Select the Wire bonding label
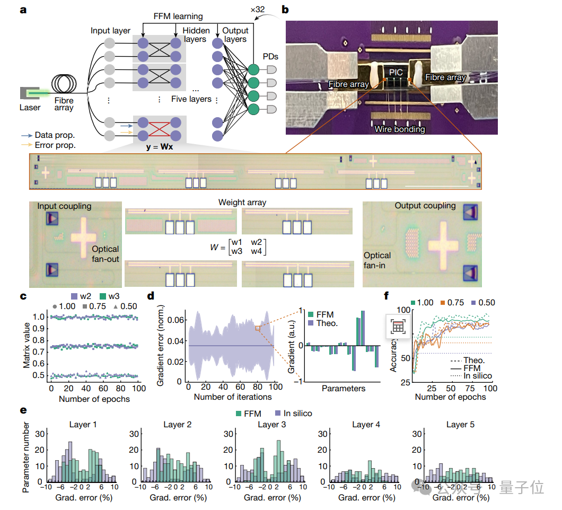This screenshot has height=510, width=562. tap(399, 129)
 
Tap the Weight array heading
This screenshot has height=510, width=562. tap(242, 203)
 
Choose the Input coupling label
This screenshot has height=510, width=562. tap(65, 206)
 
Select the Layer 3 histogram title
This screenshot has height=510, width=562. tap(272, 425)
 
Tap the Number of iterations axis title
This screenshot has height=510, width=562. tap(233, 397)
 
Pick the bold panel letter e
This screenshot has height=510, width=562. tap(24, 410)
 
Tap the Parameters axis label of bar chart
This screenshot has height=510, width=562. tap(343, 388)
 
